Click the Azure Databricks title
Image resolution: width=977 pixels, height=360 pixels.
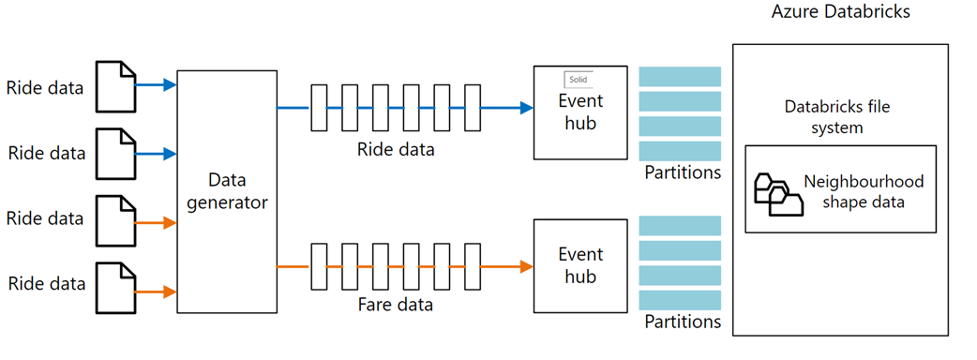(841, 12)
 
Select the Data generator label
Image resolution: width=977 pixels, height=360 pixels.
(226, 190)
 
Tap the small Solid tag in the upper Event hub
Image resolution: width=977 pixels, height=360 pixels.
(578, 80)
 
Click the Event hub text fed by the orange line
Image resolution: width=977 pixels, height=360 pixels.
(580, 265)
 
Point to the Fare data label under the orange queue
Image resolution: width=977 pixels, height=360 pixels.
(395, 305)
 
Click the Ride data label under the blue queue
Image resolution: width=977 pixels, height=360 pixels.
(395, 149)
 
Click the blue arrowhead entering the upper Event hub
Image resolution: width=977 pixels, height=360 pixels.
(525, 108)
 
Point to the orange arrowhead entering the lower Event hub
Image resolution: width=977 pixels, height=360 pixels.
(525, 267)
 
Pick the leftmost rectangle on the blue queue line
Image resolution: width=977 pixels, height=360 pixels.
(318, 108)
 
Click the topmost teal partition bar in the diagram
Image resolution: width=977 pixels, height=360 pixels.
(680, 76)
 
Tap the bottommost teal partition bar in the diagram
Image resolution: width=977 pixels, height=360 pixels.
(680, 299)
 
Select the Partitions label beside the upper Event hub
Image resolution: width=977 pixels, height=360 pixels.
(683, 172)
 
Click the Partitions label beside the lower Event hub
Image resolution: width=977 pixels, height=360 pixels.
(683, 322)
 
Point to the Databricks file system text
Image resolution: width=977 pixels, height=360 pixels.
(836, 117)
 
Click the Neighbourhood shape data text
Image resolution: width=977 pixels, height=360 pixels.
(864, 190)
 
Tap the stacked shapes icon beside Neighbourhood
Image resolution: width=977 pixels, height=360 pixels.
(778, 193)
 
